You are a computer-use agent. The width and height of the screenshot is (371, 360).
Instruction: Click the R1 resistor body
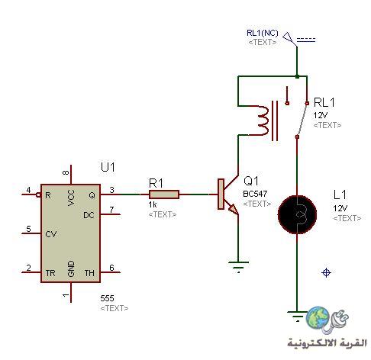(x=164, y=194)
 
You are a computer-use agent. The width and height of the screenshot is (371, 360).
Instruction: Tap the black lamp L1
(x=297, y=214)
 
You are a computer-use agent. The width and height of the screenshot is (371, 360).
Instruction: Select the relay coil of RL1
(x=262, y=121)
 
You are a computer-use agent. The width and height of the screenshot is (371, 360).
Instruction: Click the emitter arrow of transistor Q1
(x=233, y=208)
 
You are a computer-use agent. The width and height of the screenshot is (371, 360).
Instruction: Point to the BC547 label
(x=255, y=194)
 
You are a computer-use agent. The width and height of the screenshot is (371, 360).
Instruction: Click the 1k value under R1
(x=153, y=204)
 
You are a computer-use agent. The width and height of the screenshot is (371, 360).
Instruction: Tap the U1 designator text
(x=108, y=167)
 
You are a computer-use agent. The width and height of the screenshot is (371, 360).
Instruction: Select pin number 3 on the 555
(x=112, y=190)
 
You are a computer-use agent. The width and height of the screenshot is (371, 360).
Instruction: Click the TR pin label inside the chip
(x=50, y=273)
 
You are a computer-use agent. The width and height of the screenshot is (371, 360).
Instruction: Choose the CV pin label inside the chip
(x=51, y=234)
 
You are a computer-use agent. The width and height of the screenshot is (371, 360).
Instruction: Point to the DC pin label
(x=89, y=215)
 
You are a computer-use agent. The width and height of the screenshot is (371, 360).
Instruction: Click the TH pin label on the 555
(x=89, y=273)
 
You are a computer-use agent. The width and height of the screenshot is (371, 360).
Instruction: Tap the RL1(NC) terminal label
(x=263, y=33)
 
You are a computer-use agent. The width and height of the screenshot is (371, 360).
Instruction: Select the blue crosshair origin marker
(x=326, y=272)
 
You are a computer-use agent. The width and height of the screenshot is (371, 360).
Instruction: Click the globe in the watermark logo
(x=318, y=317)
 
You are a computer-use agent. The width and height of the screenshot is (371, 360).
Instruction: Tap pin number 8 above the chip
(x=66, y=172)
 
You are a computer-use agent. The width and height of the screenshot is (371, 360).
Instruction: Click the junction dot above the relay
(x=297, y=76)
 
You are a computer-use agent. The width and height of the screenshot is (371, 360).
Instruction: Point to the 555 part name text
(x=107, y=298)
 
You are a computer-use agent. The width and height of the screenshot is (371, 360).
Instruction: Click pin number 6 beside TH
(x=111, y=268)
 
